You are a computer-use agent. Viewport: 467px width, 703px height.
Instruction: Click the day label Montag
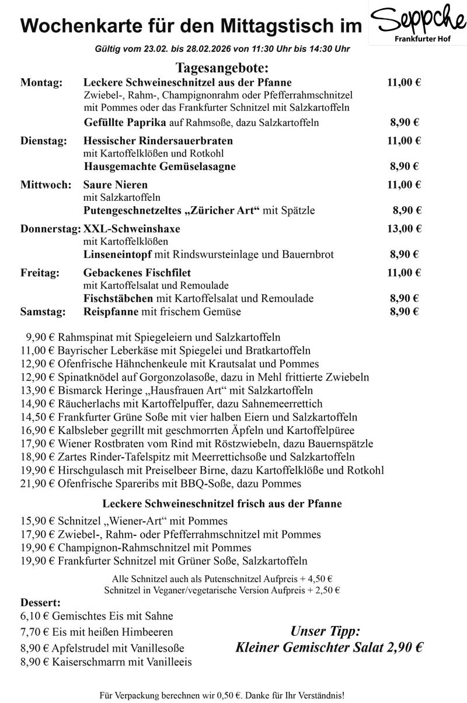[x=41, y=82]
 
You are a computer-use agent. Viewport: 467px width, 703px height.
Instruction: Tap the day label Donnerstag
[x=50, y=228]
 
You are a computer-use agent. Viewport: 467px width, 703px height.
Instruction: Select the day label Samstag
[x=43, y=312]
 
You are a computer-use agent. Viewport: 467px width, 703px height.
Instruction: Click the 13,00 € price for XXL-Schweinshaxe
[x=404, y=228]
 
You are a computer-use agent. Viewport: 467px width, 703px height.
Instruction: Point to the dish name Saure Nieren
[x=116, y=185]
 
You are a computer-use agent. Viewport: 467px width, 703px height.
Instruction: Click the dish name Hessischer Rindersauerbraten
[x=158, y=141]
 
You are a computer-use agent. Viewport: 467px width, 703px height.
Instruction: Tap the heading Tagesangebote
[x=221, y=68]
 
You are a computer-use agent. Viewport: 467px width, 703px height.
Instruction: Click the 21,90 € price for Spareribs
[x=37, y=483]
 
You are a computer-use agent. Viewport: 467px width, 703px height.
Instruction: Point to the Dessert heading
[x=40, y=602]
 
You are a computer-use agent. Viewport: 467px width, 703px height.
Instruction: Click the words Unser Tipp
[x=325, y=632]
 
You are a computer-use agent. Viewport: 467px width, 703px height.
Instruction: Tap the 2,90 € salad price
[x=401, y=648]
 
